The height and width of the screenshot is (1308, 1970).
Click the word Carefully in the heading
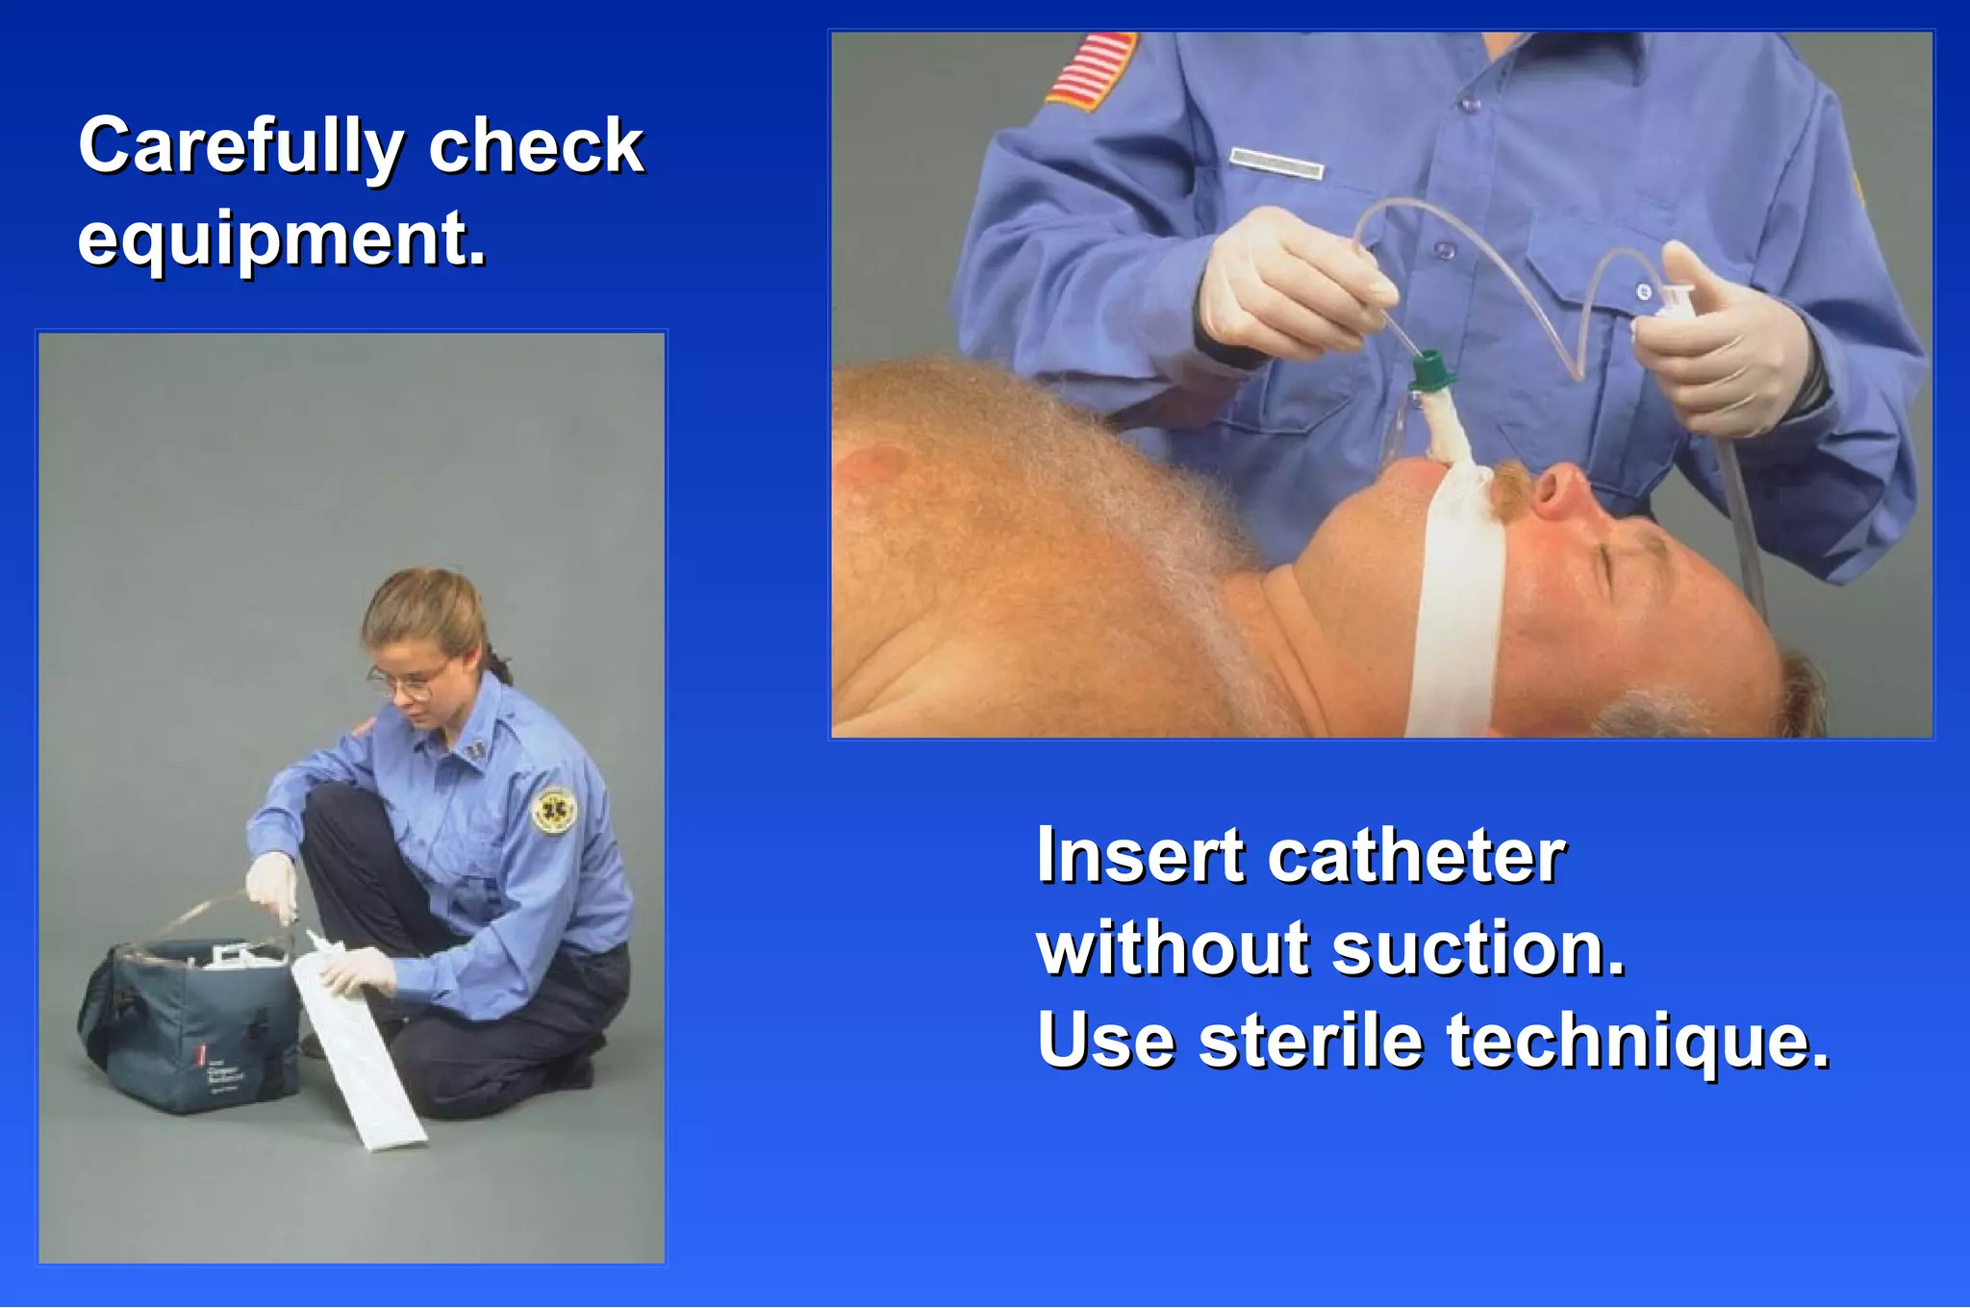[x=240, y=147]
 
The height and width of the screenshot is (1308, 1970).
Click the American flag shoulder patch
[x=1091, y=69]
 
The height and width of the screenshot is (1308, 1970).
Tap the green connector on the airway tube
[x=1430, y=370]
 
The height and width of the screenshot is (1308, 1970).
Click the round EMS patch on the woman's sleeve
[x=554, y=811]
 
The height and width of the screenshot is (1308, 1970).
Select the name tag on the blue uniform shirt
[x=1276, y=163]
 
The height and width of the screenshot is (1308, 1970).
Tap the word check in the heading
[x=535, y=147]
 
